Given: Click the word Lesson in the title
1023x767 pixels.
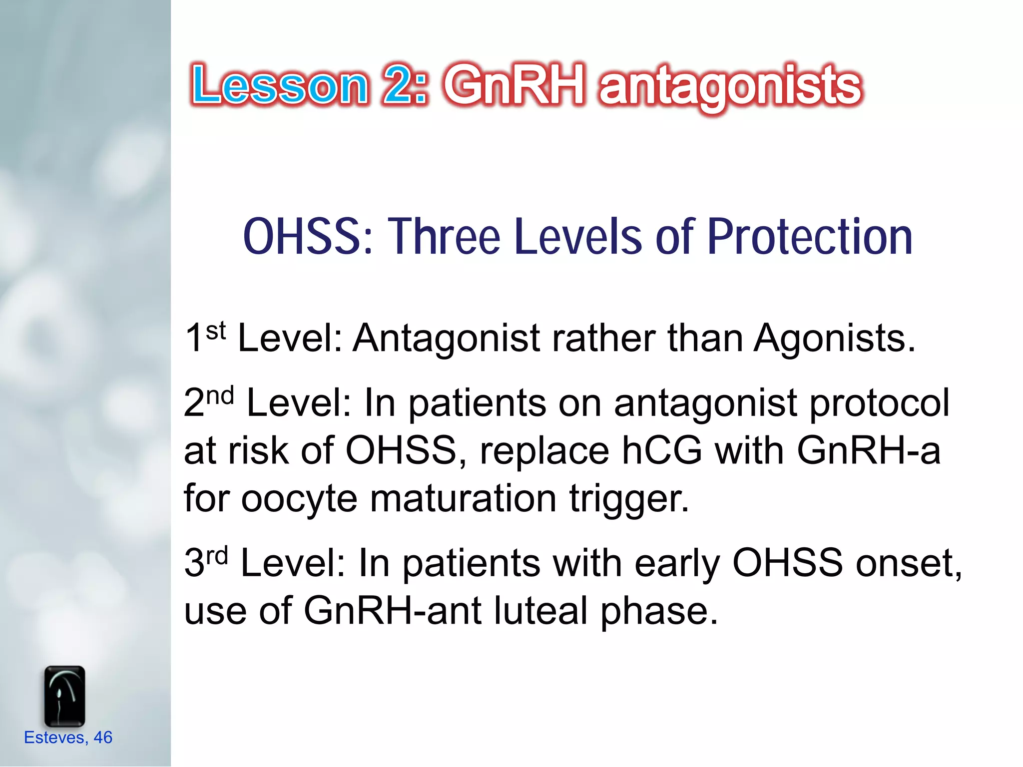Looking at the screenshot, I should (x=280, y=86).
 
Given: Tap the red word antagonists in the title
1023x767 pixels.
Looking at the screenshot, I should (x=730, y=87).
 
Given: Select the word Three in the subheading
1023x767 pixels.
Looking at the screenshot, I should (x=445, y=237).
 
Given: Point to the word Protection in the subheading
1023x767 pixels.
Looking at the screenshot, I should (x=810, y=237).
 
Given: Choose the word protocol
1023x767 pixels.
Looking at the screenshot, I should (x=879, y=403).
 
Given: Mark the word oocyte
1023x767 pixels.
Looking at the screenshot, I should (x=299, y=498).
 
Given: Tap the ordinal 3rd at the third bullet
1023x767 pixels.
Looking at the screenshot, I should (x=206, y=562).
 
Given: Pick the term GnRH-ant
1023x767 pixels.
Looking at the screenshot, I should (x=393, y=610).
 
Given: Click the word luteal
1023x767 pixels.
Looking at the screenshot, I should (x=541, y=610).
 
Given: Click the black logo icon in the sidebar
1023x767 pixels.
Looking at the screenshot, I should (x=64, y=696).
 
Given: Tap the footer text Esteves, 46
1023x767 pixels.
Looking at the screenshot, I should (x=68, y=738).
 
